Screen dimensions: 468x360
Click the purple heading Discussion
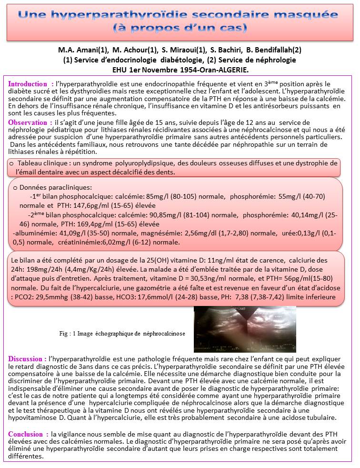pos(28,358)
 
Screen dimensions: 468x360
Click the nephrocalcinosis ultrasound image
pos(239,329)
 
